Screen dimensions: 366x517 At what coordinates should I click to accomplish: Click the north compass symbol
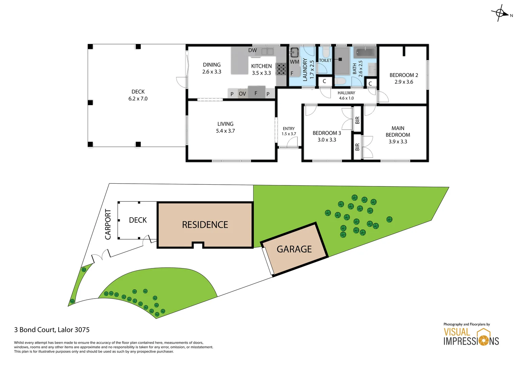(x=500, y=14)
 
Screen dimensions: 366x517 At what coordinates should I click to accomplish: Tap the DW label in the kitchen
(x=252, y=50)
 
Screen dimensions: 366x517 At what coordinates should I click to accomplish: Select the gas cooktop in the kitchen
(x=281, y=69)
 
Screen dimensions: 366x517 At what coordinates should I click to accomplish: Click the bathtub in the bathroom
(x=365, y=53)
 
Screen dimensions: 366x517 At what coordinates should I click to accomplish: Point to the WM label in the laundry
(x=294, y=62)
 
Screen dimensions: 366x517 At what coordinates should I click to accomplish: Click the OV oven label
(x=242, y=94)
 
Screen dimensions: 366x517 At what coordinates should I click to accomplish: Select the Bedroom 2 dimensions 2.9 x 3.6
(x=404, y=82)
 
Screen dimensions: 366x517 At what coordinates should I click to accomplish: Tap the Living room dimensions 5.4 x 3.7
(x=225, y=131)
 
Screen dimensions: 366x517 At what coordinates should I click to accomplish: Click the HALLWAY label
(x=346, y=93)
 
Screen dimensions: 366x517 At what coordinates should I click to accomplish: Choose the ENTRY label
(x=289, y=129)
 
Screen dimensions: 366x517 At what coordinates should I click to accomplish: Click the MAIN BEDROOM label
(x=398, y=131)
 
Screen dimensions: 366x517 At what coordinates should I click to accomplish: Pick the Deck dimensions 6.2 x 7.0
(x=138, y=99)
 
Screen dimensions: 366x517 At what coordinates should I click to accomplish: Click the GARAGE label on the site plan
(x=294, y=249)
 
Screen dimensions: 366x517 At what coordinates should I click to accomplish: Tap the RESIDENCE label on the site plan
(x=205, y=225)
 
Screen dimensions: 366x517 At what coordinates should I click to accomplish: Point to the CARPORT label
(x=108, y=224)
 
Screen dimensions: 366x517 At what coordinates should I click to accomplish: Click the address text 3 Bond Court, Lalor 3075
(x=52, y=330)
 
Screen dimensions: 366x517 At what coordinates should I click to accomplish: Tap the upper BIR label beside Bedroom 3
(x=357, y=120)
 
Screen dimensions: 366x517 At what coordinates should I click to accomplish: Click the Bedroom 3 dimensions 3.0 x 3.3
(x=327, y=140)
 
